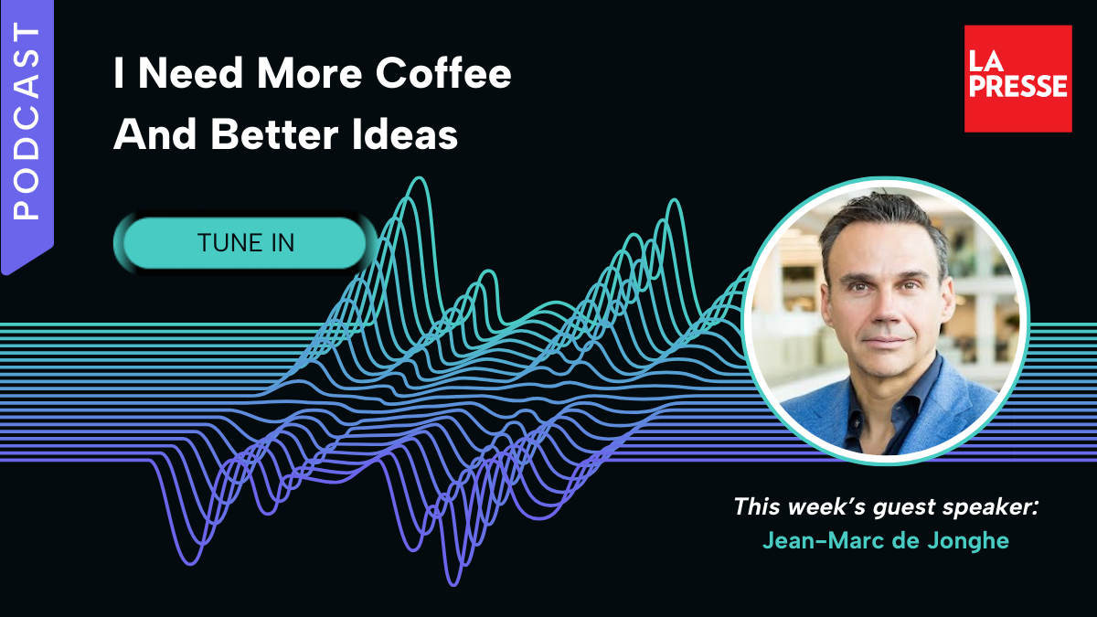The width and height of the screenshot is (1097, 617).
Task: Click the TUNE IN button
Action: point(245,243)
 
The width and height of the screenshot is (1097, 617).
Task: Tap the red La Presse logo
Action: point(1017,79)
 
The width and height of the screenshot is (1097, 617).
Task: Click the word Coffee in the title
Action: point(443,73)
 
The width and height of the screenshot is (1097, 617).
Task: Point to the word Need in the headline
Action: point(190,73)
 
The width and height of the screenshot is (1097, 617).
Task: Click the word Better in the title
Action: point(275,133)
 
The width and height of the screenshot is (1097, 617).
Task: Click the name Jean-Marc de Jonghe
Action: point(886,541)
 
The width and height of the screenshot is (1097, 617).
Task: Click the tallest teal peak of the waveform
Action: point(420,179)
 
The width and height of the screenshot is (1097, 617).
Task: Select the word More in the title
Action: point(310,73)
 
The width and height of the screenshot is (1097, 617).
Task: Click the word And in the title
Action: point(155,133)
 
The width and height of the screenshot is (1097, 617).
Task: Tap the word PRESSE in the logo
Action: point(1018,86)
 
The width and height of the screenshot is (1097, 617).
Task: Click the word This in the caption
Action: point(757,506)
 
